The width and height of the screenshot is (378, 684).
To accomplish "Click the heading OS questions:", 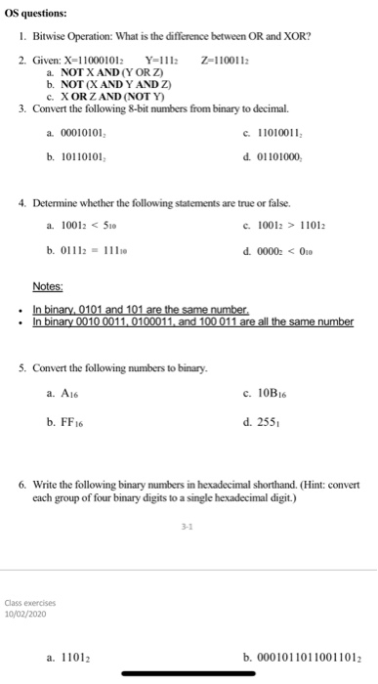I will point(35,14).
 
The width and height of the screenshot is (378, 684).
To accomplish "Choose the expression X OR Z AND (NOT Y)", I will point(118,96).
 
